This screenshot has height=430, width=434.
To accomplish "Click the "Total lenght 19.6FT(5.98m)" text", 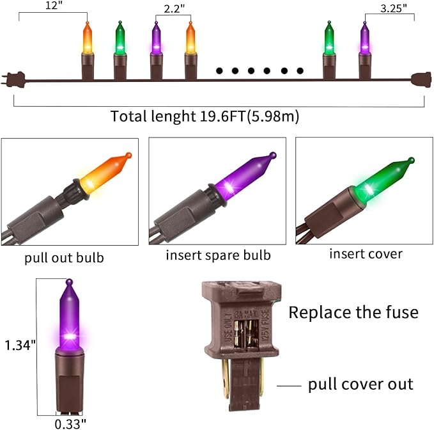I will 205,116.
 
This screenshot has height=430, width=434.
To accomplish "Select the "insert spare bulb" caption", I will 218,255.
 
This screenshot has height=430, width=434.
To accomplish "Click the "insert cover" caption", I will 366,254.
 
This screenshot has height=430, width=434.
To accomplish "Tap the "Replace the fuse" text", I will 353,313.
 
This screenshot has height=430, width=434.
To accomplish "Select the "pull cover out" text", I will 360,384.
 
